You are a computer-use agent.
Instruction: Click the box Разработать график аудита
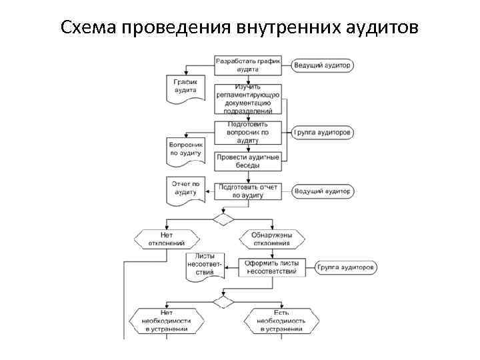[x=247, y=65]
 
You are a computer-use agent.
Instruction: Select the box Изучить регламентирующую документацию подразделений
[x=247, y=99]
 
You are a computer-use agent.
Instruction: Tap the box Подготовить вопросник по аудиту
[x=247, y=132]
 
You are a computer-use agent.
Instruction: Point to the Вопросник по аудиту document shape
[x=185, y=151]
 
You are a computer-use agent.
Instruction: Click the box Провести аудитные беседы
[x=247, y=161]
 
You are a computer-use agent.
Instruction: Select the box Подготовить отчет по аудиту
[x=247, y=191]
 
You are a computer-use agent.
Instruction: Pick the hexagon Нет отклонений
[x=167, y=239]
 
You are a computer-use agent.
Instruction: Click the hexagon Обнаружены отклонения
[x=270, y=239]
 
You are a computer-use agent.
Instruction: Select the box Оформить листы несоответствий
[x=271, y=267]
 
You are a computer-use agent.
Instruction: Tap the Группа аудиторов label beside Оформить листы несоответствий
[x=346, y=267]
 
